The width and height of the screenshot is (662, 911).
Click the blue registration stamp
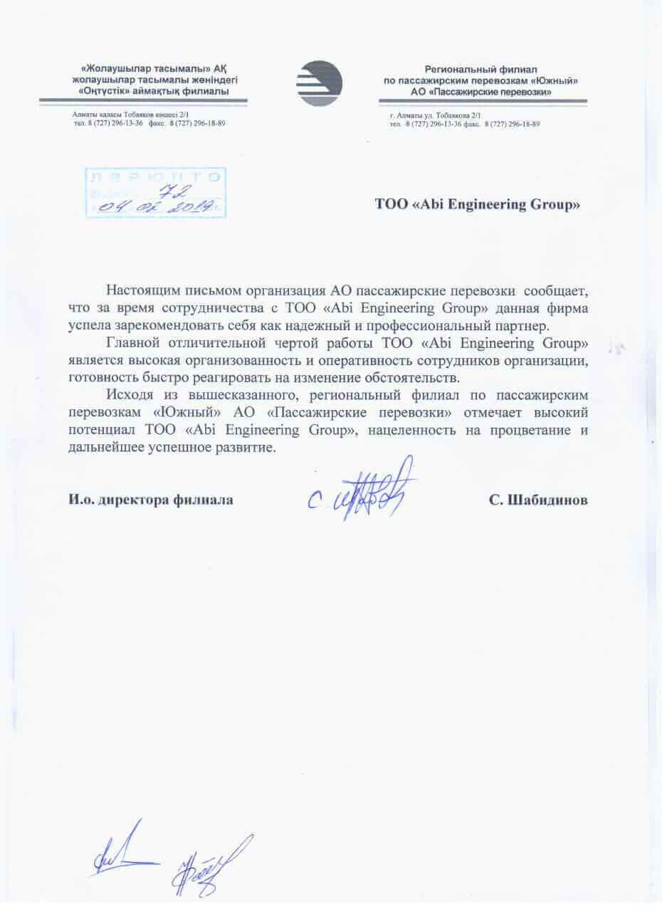click(154, 192)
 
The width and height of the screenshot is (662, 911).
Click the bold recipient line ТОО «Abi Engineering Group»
click(478, 205)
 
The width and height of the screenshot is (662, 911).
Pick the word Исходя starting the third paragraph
click(130, 395)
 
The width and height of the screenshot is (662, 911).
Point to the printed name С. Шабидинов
click(538, 500)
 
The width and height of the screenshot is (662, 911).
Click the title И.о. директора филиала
click(151, 500)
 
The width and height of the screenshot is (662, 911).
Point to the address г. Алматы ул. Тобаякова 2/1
click(436, 115)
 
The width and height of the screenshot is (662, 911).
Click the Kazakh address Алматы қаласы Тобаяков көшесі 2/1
click(130, 115)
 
